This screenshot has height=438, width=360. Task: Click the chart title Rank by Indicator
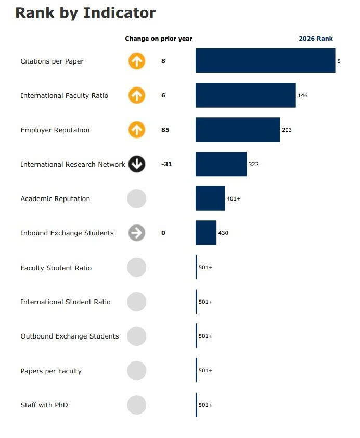click(x=85, y=13)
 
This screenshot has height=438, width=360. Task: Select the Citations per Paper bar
click(x=265, y=61)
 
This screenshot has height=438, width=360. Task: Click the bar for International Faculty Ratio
click(x=246, y=95)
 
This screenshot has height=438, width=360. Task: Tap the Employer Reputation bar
click(x=238, y=130)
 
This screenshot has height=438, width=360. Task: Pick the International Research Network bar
click(x=221, y=164)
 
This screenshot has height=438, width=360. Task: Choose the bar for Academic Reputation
click(x=210, y=198)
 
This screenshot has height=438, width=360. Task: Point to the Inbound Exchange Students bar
click(x=206, y=233)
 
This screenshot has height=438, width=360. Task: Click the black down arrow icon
click(x=137, y=164)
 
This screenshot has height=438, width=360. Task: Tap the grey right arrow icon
click(x=137, y=233)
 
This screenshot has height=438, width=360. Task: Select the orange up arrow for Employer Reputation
click(x=137, y=130)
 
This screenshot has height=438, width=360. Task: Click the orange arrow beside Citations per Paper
click(x=137, y=61)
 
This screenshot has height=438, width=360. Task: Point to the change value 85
click(x=165, y=130)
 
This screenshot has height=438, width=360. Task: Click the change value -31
click(x=166, y=164)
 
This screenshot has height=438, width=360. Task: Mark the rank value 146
click(x=303, y=96)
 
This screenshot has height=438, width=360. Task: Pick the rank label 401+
click(x=234, y=199)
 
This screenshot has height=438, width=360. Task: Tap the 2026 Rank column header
click(x=316, y=39)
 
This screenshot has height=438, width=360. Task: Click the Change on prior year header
click(x=159, y=39)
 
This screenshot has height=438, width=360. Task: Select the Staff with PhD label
click(x=44, y=405)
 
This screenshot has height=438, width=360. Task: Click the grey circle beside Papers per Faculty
click(x=137, y=371)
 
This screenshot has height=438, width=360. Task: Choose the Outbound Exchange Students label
click(x=70, y=336)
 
